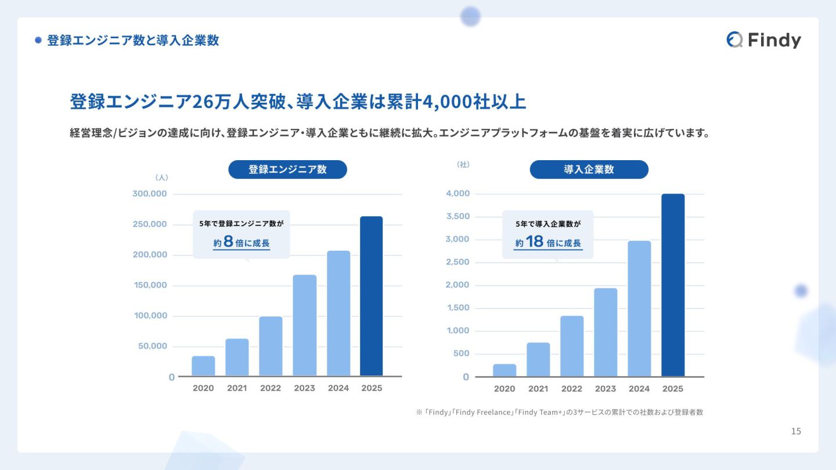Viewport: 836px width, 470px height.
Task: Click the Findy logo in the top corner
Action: coord(763,39)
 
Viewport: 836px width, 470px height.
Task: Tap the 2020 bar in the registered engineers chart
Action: coord(203,366)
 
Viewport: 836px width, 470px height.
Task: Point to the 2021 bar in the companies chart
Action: coord(538,359)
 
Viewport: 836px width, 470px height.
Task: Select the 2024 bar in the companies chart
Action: coord(639,308)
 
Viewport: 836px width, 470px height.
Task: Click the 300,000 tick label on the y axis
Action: coord(150,194)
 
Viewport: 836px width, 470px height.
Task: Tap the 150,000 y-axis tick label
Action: coord(150,285)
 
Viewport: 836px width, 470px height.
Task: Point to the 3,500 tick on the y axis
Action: coord(457,216)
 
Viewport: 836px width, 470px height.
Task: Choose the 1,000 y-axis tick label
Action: coord(457,331)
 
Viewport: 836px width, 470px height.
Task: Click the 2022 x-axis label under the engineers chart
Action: coord(271,388)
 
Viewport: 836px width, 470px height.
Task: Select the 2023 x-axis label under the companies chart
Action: coord(606,389)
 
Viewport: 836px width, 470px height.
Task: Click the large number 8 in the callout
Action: coord(228,242)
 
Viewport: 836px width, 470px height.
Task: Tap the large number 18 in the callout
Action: coord(535,242)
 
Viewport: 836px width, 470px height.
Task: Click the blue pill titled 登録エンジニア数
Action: coord(287,169)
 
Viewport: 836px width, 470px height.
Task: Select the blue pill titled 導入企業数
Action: coord(589,169)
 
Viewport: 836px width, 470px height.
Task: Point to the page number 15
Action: coord(796,431)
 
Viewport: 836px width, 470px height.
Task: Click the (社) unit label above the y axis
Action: coord(463,165)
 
